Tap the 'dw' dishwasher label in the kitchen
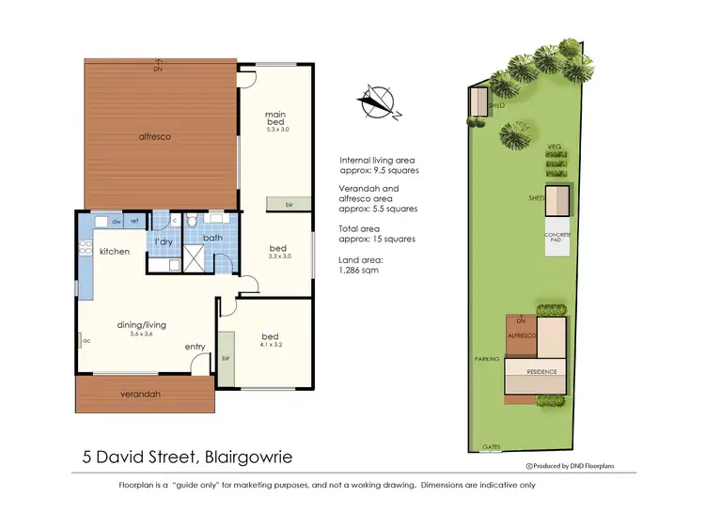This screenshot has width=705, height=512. pos(116,222)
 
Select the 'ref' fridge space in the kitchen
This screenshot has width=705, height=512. pos(135,222)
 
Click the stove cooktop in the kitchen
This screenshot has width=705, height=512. pos(85,251)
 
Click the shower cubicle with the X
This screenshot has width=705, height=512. pos(195,256)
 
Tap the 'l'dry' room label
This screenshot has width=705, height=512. pos(164,242)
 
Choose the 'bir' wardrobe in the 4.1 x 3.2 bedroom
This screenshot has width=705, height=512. pos(227,357)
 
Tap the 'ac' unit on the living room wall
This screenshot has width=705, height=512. pos(86,341)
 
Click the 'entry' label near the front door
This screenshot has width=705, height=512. pos(195,347)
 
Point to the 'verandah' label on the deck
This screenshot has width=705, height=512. pos(141,395)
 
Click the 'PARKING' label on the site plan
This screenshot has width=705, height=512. pos(487,359)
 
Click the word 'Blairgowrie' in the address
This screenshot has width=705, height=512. pos(244,458)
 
